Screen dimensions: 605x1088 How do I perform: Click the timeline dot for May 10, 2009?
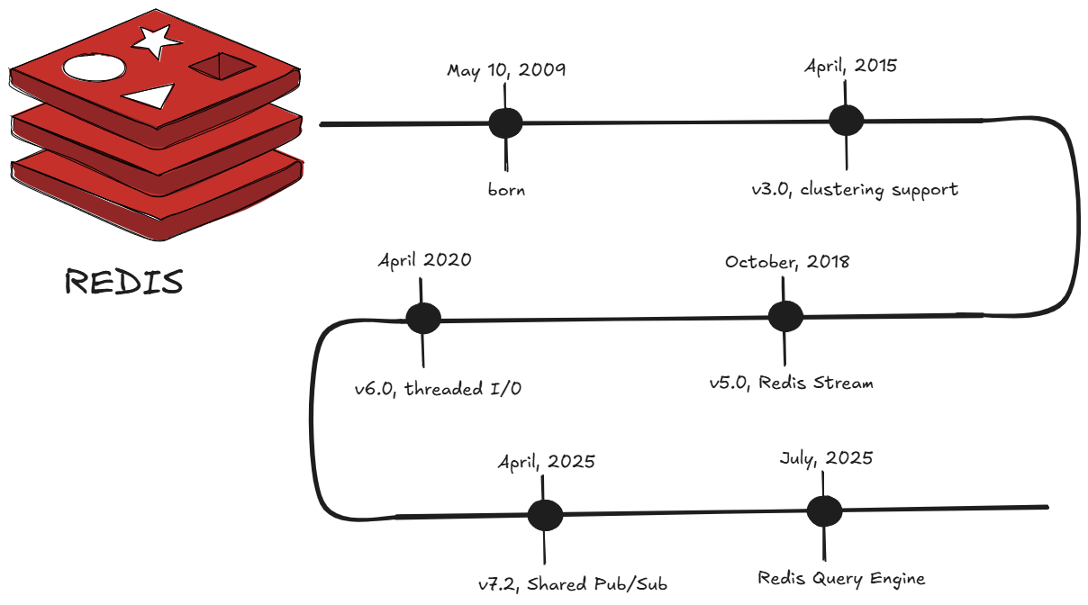(505, 123)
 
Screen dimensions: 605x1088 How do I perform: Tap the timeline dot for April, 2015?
(846, 121)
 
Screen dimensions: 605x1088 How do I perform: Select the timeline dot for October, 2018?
(784, 316)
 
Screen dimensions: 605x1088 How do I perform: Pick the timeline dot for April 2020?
(422, 318)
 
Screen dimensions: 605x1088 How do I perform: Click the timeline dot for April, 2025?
(545, 515)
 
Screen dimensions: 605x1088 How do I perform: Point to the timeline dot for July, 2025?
(824, 510)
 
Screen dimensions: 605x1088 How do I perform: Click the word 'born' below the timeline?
(506, 190)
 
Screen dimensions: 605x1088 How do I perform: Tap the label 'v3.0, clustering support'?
(855, 190)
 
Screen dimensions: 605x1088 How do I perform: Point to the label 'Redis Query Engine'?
(840, 578)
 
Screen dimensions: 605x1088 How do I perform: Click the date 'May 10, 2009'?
(506, 70)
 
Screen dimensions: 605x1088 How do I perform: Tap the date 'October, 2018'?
(786, 262)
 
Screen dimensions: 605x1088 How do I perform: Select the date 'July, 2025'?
(826, 458)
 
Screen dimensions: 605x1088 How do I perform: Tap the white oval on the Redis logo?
(93, 68)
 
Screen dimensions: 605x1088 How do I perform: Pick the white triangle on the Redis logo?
(150, 95)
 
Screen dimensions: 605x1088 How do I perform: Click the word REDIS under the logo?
(124, 282)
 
